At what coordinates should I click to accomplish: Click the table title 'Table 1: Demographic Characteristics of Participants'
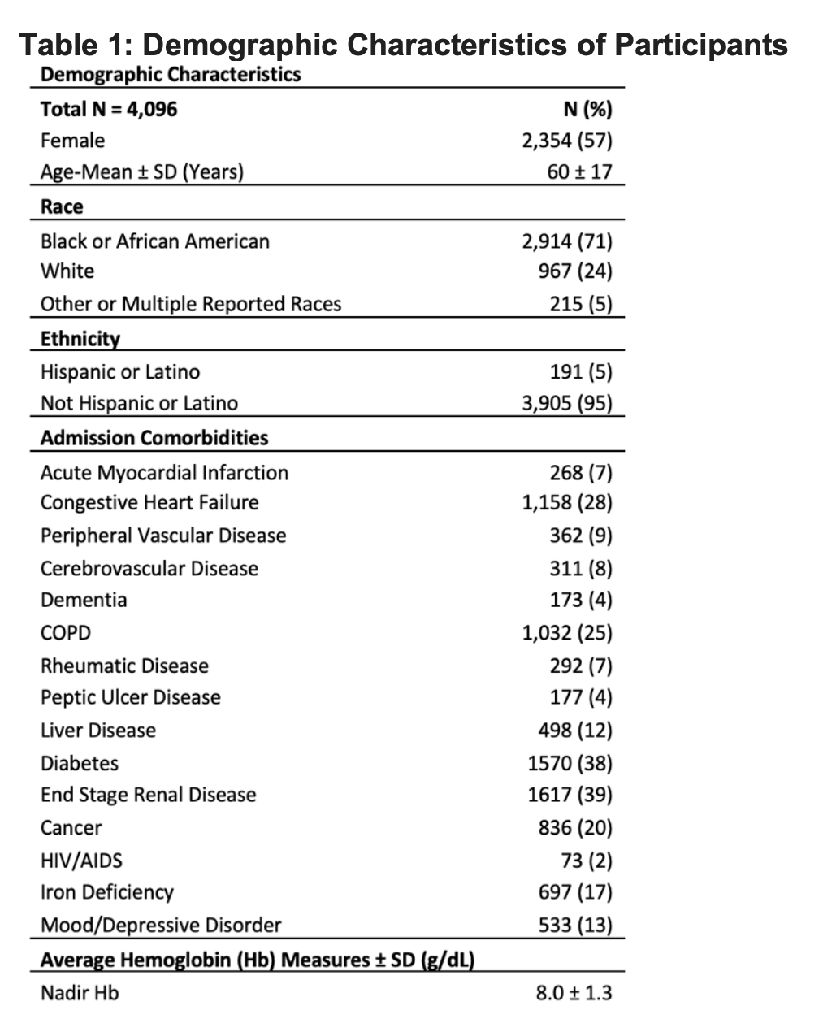(x=404, y=44)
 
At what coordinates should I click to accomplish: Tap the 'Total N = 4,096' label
(x=109, y=109)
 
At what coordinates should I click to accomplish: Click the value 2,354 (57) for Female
(x=567, y=141)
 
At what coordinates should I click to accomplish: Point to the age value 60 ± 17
(x=580, y=172)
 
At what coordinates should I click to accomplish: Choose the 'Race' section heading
(x=62, y=206)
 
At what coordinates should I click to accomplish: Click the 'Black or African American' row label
(x=155, y=241)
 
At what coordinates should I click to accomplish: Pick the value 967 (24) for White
(x=575, y=271)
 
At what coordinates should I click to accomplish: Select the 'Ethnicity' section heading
(x=80, y=339)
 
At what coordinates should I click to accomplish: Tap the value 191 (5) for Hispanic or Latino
(x=581, y=372)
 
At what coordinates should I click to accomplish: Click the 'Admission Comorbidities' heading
(x=154, y=438)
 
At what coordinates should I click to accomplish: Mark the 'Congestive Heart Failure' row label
(x=149, y=503)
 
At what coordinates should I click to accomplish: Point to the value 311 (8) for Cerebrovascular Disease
(x=581, y=568)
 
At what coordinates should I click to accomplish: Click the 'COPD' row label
(x=66, y=633)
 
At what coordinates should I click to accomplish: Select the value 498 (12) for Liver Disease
(x=575, y=731)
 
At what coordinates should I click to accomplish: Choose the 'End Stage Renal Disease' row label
(x=149, y=795)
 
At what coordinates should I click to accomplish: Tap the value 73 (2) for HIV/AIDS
(x=587, y=861)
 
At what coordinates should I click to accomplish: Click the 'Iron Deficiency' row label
(x=107, y=892)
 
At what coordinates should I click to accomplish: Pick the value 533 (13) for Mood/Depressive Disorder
(x=575, y=926)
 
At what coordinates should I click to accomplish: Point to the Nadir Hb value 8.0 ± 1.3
(x=574, y=993)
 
